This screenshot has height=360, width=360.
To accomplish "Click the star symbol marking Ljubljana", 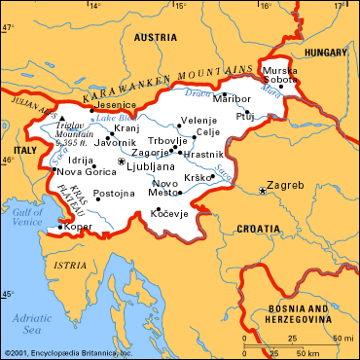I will pos(121,161).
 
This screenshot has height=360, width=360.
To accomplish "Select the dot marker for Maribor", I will pos(225,95).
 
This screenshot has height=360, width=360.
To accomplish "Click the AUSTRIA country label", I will pos(155,37).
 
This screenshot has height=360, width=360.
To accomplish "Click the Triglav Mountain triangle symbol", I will pos(62,118).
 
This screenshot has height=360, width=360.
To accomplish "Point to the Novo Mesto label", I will pos(165,188).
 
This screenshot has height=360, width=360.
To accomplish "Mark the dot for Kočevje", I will pos(157,208).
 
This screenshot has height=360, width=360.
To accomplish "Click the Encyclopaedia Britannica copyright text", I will pos(67,353).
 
